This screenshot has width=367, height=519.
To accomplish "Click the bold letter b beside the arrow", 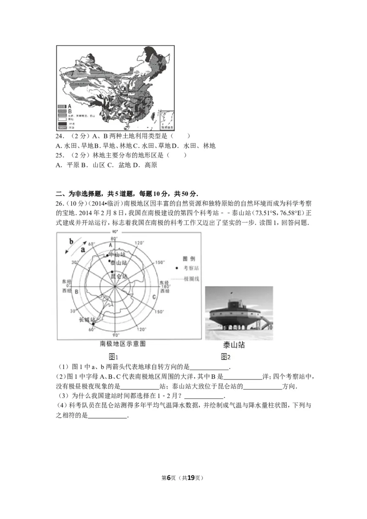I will pos(71,241).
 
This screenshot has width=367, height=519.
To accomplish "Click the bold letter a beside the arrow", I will pos(83,250).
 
